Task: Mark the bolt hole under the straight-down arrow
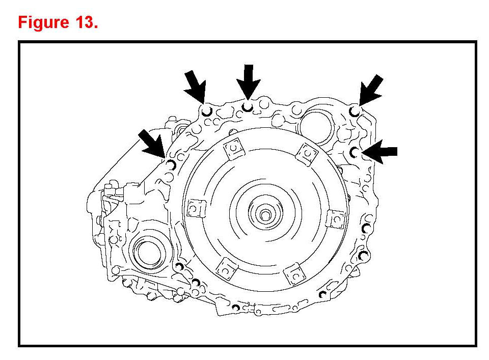coord(248,107)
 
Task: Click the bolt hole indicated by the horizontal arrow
coord(354,151)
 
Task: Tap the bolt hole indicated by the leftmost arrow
coord(171,164)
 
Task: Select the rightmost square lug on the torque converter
coord(336,219)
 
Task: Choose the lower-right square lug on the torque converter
coord(294,274)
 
